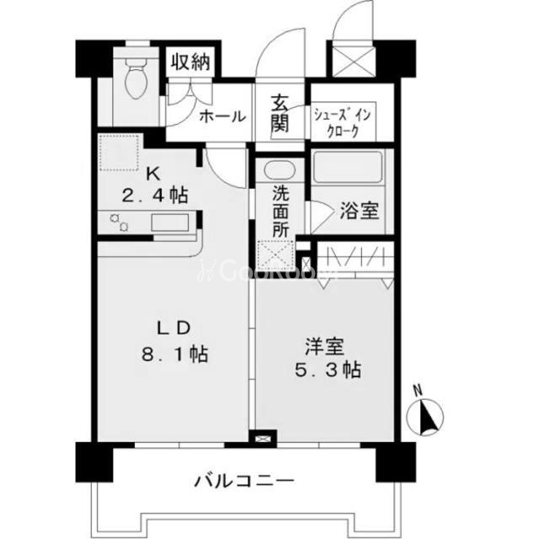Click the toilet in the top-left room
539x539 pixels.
point(133,81)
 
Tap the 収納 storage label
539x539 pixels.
point(192,63)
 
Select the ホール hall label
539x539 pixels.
point(221,116)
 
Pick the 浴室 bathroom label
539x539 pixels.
point(360,210)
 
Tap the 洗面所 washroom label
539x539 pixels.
point(280,210)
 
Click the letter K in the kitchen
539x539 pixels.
point(152,174)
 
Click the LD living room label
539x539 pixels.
point(174,328)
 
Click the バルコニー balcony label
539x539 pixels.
point(244,483)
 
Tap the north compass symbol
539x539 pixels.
point(426,414)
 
